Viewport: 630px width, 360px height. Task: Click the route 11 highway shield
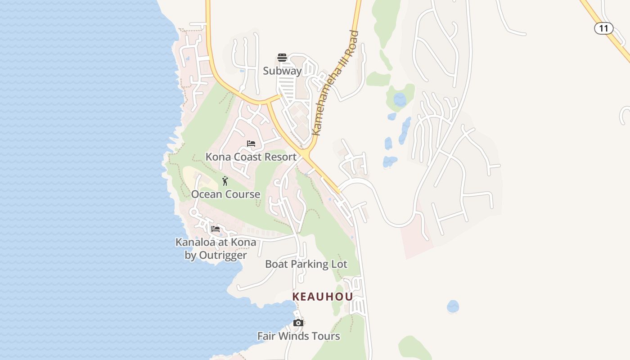pyautogui.click(x=603, y=28)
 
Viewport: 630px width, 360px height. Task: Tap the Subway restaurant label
pyautogui.click(x=282, y=71)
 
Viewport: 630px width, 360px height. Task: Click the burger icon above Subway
pyautogui.click(x=282, y=58)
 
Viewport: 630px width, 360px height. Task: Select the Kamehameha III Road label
pyautogui.click(x=335, y=83)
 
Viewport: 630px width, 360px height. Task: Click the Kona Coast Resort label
pyautogui.click(x=251, y=157)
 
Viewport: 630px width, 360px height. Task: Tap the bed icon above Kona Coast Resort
pyautogui.click(x=251, y=144)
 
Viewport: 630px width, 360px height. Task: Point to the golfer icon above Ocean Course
pyautogui.click(x=225, y=181)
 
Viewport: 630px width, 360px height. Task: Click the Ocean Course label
pyautogui.click(x=225, y=194)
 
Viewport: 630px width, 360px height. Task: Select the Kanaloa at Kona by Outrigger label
pyautogui.click(x=216, y=249)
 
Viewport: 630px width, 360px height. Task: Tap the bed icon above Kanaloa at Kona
pyautogui.click(x=216, y=229)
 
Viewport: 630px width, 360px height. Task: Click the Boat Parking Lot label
pyautogui.click(x=306, y=264)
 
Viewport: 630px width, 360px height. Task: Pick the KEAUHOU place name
pyautogui.click(x=323, y=297)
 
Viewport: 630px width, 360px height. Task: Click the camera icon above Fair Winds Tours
pyautogui.click(x=298, y=323)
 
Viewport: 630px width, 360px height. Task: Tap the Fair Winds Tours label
pyautogui.click(x=298, y=336)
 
